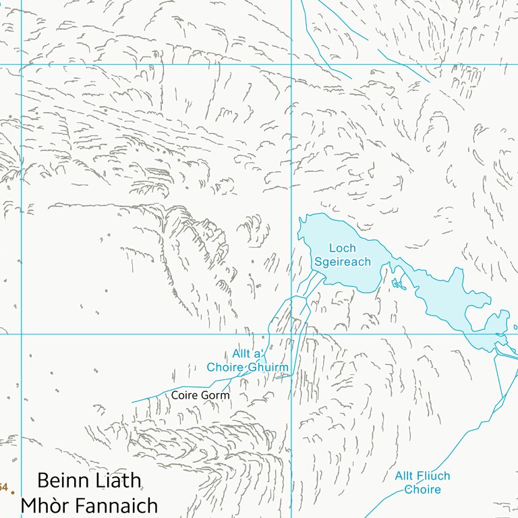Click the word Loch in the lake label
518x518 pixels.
tap(342, 248)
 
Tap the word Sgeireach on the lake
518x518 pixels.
tap(342, 262)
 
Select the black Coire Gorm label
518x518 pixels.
tap(200, 395)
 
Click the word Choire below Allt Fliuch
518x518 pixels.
tap(422, 490)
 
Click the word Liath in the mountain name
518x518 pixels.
tap(121, 480)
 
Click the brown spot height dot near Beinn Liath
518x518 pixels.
tap(12, 492)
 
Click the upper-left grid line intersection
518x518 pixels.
tap(22, 65)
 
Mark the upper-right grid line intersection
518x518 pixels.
tap(291, 65)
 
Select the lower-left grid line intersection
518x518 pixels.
tap(22, 334)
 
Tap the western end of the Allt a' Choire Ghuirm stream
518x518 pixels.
tap(132, 403)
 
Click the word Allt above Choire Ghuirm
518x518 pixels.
tap(242, 354)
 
